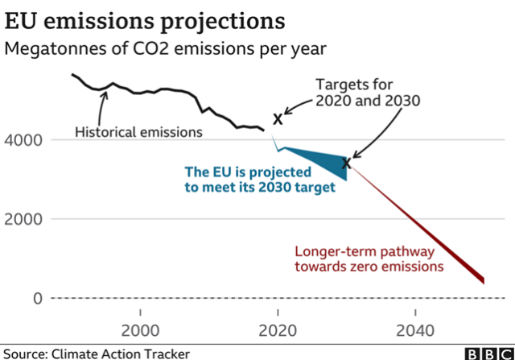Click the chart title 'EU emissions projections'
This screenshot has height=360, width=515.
point(140,19)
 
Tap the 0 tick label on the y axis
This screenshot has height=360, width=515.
point(35,298)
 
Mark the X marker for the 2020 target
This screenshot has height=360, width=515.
point(278,119)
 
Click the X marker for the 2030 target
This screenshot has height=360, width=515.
point(347,163)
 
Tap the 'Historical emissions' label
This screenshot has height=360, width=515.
point(138,130)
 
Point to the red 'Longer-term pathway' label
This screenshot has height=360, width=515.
point(369,250)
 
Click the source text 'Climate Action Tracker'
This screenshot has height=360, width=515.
point(121,353)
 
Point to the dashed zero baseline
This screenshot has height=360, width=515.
point(241,299)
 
